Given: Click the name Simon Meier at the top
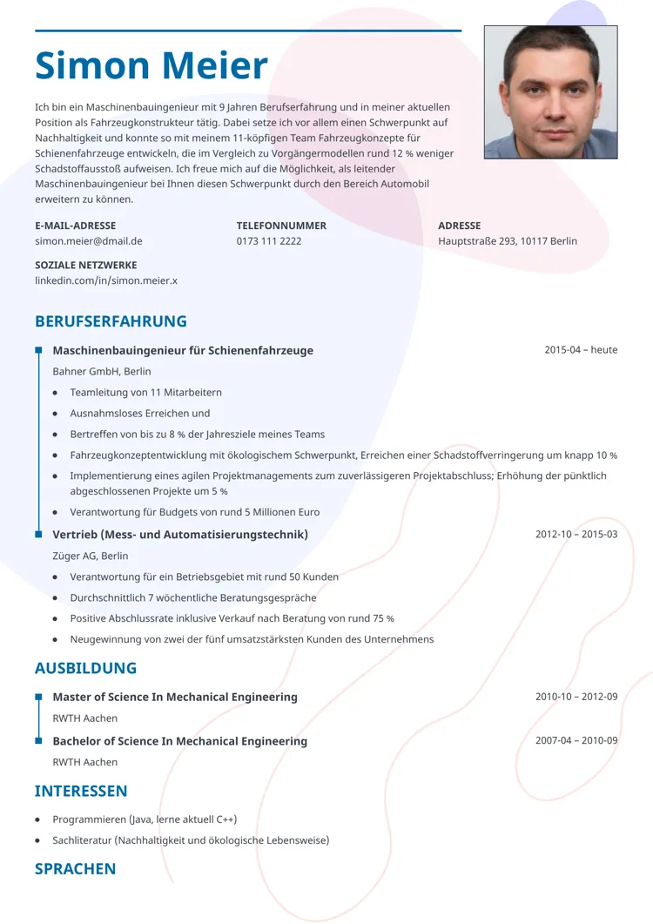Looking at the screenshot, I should coord(151,67).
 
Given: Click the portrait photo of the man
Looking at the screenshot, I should coord(550,91).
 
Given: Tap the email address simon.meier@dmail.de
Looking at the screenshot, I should coord(89,241).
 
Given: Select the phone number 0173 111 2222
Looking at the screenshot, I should coord(269,241).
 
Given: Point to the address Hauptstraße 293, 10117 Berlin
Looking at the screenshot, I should coord(508,241).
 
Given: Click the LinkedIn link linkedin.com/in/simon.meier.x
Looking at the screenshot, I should coord(106,280).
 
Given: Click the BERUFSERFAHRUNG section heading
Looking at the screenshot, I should coord(111,321).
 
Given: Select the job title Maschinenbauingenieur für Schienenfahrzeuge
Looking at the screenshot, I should coord(183,351).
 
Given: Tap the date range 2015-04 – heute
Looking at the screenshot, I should coord(581,350).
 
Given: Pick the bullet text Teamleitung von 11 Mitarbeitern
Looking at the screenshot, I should coord(146,393).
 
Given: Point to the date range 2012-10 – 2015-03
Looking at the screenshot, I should coord(576,534).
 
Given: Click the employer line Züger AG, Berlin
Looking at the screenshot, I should coord(91,556).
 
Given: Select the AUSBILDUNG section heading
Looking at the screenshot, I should coord(85,668).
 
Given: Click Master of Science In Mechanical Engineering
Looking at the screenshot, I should coord(175,698).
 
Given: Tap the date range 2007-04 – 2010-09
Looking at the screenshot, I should coord(576,741).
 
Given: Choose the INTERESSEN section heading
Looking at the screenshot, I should coord(81,791).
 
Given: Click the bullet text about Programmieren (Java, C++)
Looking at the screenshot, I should coord(145,819).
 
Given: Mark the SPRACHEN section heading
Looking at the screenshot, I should coord(75,868).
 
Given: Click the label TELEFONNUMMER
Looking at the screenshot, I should coord(281,226).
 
